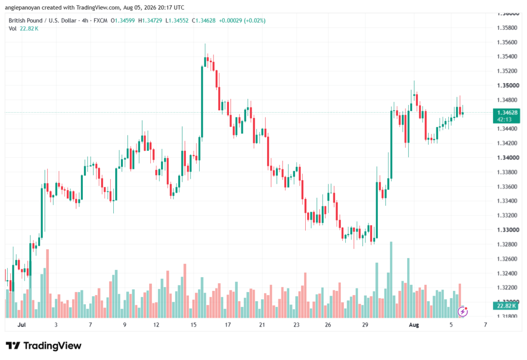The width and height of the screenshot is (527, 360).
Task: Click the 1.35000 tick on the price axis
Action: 508,85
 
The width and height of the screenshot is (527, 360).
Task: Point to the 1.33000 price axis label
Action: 508,230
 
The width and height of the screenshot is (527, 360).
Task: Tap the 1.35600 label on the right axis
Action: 507,42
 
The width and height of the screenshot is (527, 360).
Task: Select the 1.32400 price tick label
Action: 507,273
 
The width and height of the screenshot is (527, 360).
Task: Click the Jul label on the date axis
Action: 22,324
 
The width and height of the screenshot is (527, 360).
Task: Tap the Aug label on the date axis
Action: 414,324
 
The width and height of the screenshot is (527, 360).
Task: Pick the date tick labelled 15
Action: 194,324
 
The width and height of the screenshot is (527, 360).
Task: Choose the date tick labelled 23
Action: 296,324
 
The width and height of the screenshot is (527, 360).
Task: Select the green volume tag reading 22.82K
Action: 506,306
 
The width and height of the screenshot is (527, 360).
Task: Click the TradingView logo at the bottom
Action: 44,346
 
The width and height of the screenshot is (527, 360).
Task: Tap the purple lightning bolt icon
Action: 463,312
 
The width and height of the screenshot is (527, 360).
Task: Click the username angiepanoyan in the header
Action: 22,7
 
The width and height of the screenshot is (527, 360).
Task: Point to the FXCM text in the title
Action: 100,21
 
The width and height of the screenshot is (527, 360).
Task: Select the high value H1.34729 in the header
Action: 150,21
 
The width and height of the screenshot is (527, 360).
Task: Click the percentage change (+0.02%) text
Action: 255,21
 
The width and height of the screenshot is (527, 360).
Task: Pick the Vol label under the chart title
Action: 12,29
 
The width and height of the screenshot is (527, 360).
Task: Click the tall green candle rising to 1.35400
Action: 202,101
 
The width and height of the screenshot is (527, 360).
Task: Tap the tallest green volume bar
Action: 391,280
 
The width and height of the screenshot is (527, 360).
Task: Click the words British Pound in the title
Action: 26,21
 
